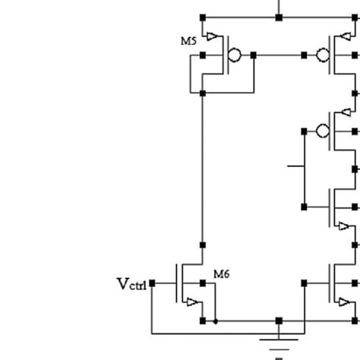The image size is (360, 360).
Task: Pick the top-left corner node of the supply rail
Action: (x=202, y=17)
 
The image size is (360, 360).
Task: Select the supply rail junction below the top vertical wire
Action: (x=279, y=17)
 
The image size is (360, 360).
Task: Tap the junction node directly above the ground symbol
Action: (x=279, y=321)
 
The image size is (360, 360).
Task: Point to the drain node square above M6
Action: (x=202, y=245)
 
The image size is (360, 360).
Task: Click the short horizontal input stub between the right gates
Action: (x=295, y=164)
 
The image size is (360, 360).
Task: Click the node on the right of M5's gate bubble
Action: (x=253, y=55)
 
